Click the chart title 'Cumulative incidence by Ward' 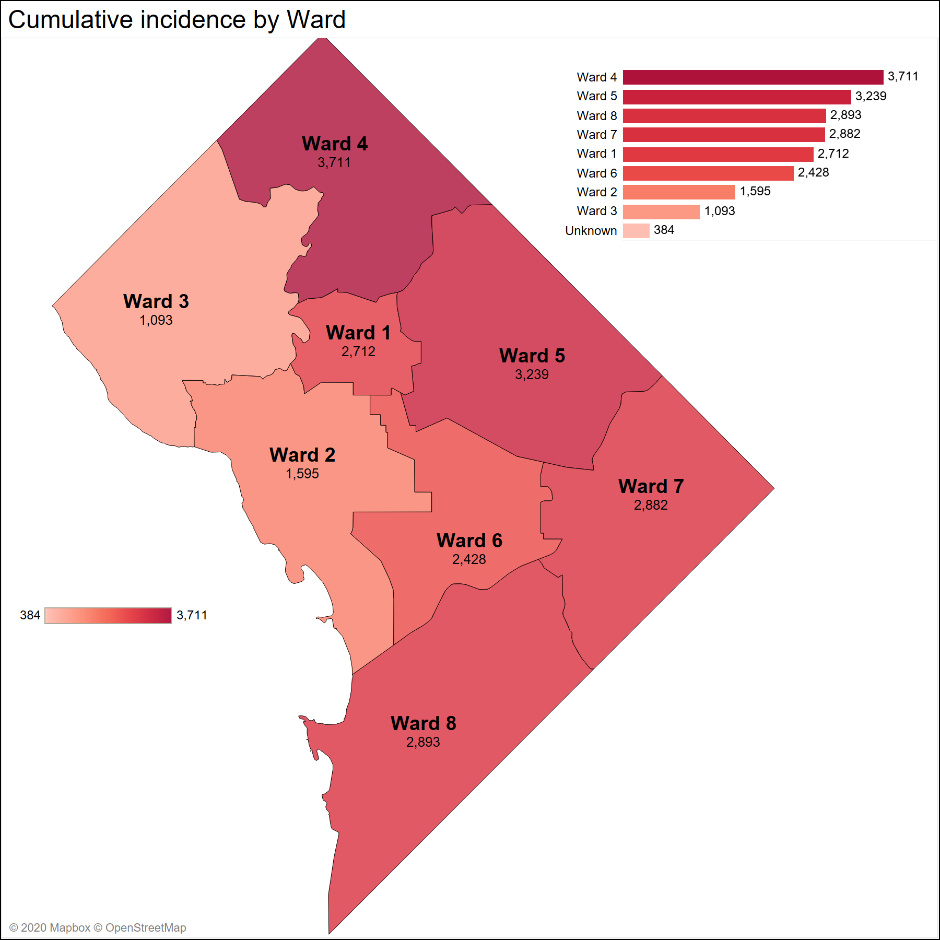[177, 20]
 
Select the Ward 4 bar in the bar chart [753, 77]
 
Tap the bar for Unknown [636, 231]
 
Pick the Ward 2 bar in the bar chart [679, 192]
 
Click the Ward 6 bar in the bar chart [708, 173]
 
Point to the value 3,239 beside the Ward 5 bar [871, 96]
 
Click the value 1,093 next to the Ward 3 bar [719, 211]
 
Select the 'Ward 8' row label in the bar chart [596, 116]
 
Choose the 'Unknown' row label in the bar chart [591, 231]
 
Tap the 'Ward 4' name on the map [335, 144]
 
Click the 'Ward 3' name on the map [156, 301]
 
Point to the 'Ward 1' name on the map [358, 333]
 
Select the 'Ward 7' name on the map [651, 486]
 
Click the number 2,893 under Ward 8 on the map [423, 742]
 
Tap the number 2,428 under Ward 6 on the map [469, 559]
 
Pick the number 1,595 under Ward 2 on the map [302, 474]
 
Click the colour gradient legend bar [108, 616]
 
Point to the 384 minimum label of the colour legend [30, 615]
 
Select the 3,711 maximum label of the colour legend [192, 615]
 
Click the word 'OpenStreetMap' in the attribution [146, 927]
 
